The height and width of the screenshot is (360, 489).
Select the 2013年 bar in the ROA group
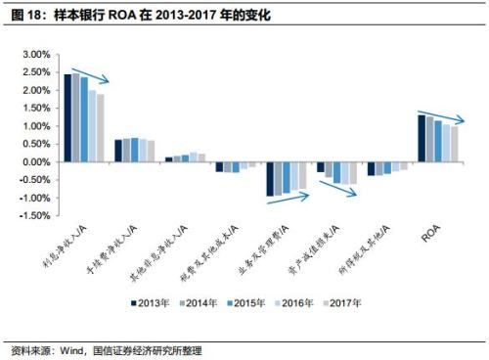tap(421, 138)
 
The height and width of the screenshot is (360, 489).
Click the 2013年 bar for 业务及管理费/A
tap(270, 178)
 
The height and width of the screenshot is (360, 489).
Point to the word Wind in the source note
tap(72, 349)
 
